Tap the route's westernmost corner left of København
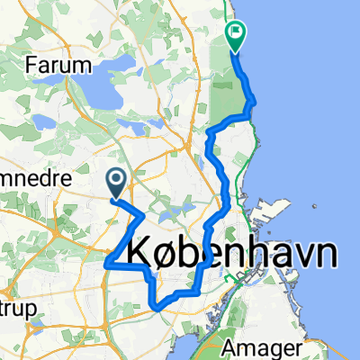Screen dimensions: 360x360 coord(107,264)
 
